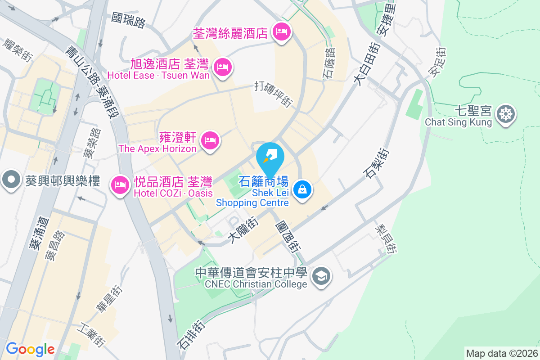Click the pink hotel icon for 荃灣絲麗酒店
click(x=282, y=32)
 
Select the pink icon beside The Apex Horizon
click(x=210, y=140)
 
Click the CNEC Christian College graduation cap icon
click(x=322, y=275)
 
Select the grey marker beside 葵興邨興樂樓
click(x=11, y=180)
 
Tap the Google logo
click(x=30, y=349)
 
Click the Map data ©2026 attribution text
click(x=501, y=354)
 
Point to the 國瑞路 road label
click(x=129, y=19)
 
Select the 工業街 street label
click(x=93, y=334)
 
